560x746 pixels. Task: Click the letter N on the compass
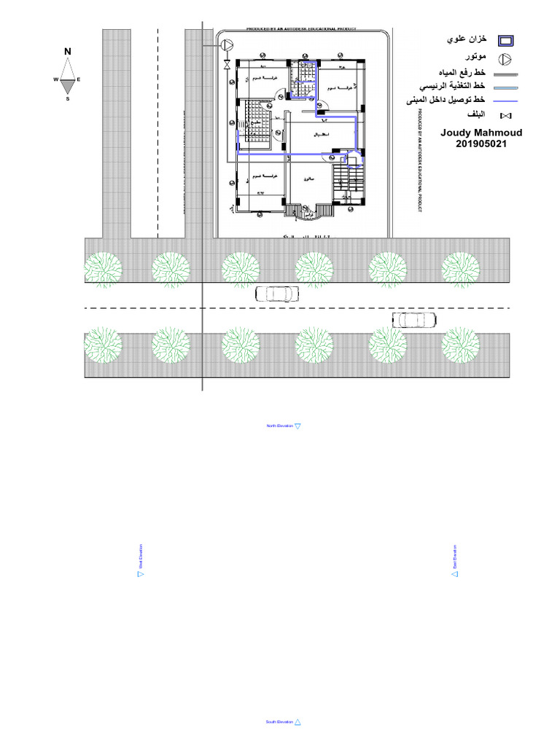click(67, 51)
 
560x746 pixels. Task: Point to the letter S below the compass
click(67, 98)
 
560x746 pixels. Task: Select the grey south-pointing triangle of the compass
click(67, 85)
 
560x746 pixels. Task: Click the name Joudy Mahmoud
click(476, 133)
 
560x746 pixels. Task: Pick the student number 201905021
click(477, 144)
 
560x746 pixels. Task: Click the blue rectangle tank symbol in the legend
click(505, 42)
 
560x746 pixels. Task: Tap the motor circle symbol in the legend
click(505, 59)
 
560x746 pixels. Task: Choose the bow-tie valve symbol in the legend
click(505, 116)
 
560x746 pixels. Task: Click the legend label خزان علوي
click(467, 41)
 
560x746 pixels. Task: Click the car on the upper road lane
click(277, 294)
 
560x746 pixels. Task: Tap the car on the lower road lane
click(414, 319)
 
